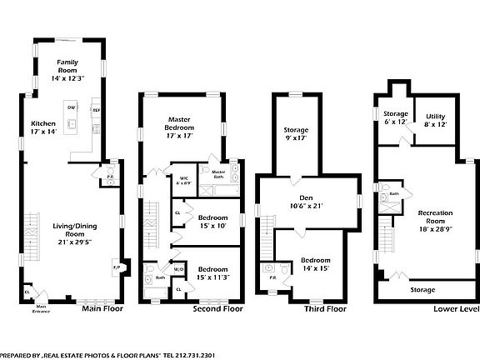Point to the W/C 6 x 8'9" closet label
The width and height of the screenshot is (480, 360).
[x=183, y=180]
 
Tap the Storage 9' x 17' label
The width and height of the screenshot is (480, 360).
[x=296, y=134]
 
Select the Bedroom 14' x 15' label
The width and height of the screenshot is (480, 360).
[x=315, y=264]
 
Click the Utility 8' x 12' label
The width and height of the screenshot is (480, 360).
[x=436, y=120]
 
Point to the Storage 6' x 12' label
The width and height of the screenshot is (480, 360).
[x=396, y=117]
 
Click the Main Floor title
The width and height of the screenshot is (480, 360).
[x=102, y=308]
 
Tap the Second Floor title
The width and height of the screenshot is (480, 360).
[x=218, y=308]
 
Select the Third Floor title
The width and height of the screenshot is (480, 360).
[x=324, y=308]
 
